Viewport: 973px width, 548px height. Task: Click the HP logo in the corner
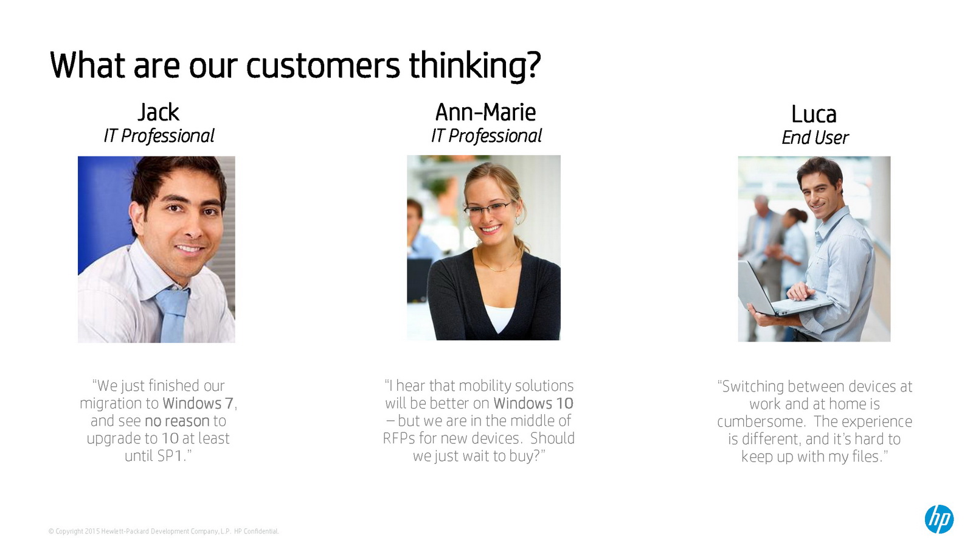coord(939,519)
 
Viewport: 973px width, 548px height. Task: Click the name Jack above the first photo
coord(159,112)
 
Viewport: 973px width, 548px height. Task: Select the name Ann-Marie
coord(485,112)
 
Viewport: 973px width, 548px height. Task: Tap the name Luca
coord(814,114)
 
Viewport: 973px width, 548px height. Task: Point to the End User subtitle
coord(815,138)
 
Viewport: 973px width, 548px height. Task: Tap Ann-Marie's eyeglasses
coord(489,209)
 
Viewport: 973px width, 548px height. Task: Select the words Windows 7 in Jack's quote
coord(198,404)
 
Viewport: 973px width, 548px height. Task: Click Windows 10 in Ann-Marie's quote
coord(533,403)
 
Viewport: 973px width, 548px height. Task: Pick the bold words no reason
coord(177,421)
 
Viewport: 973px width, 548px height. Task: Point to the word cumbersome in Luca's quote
coord(763,421)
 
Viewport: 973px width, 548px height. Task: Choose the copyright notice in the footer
coord(164,531)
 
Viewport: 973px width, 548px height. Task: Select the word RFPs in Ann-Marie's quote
coord(399,438)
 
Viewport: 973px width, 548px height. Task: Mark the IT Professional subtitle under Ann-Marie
coord(486,136)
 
